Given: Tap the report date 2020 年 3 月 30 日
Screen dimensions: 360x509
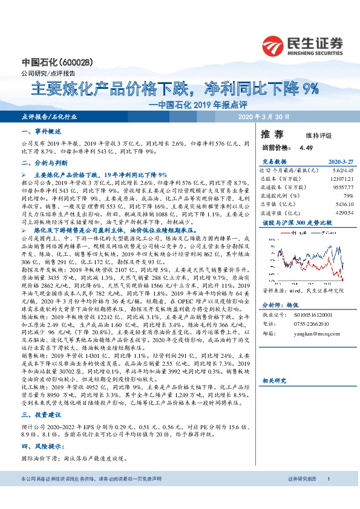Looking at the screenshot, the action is [264, 117].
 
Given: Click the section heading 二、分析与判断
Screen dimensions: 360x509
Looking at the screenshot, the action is [45, 163].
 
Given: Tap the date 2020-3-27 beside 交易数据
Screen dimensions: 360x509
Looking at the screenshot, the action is [341, 163].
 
